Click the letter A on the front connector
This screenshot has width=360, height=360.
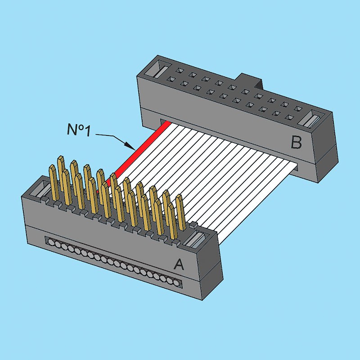[x=179, y=264]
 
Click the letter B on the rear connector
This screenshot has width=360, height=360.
[x=296, y=142]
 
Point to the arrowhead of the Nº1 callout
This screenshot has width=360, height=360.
[x=129, y=145]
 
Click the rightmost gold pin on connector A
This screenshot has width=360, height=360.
[x=181, y=212]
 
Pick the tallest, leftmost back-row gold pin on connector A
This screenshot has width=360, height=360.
[x=61, y=172]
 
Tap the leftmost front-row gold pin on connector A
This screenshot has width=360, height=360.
[x=53, y=183]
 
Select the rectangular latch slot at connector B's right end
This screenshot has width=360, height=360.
[x=310, y=119]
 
